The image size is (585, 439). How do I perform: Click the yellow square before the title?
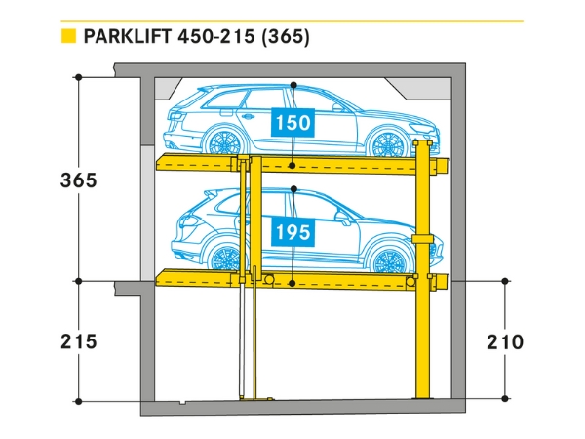68,38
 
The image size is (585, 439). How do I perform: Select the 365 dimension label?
79,180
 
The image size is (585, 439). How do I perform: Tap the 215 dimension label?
79,342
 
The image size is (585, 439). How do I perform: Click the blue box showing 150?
292,124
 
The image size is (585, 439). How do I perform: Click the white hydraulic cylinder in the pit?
242,341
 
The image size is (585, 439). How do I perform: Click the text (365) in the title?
285,38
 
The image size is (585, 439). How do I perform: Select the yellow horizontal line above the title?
292,20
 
